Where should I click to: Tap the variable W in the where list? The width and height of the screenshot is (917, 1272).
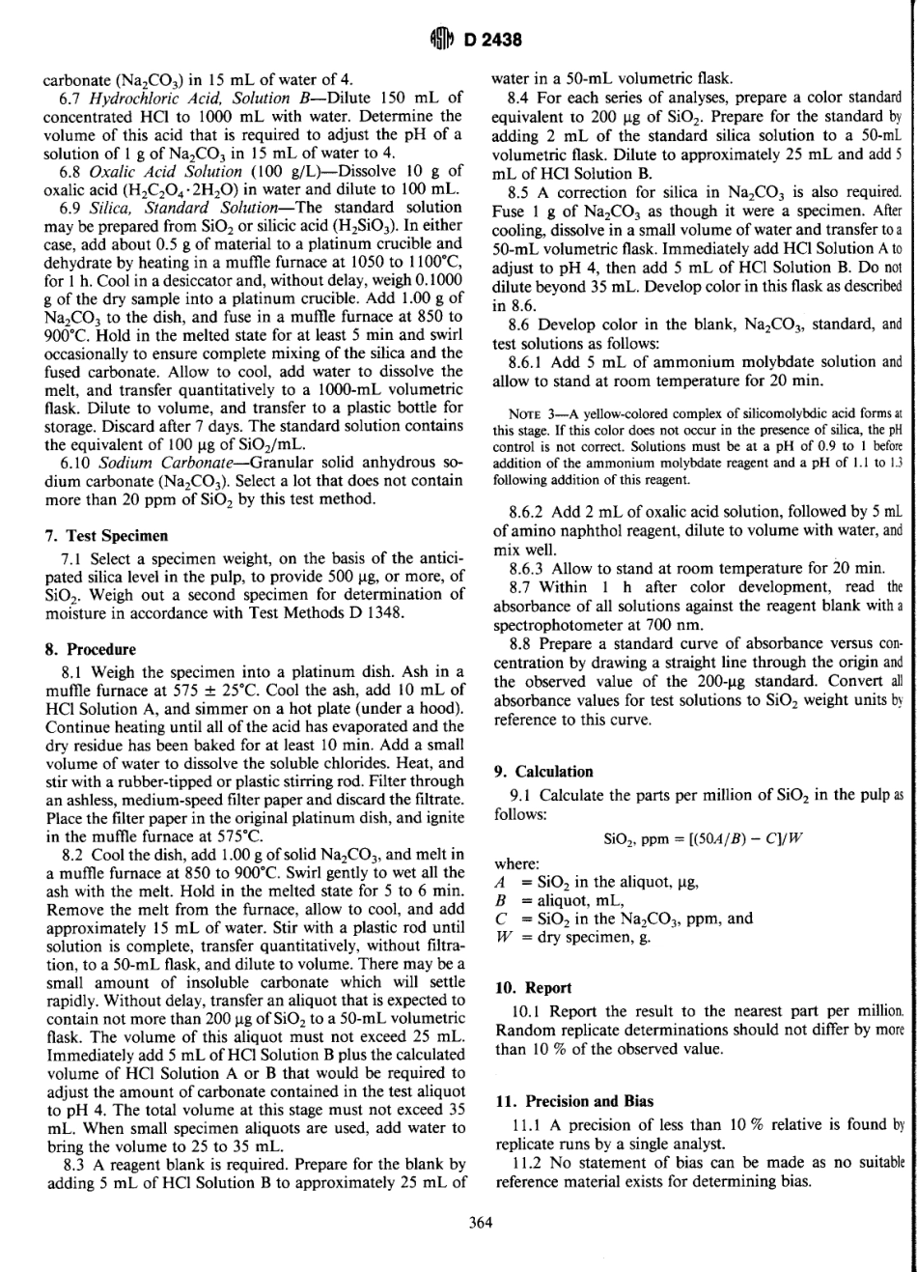point(500,935)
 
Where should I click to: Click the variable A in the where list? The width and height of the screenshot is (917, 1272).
point(500,882)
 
